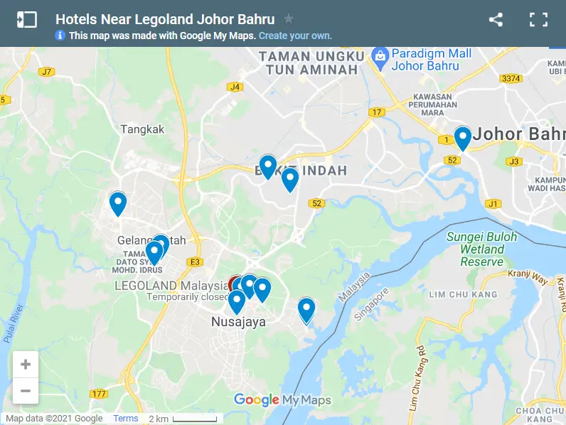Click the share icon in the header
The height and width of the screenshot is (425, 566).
496,20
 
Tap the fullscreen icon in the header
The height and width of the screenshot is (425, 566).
538,20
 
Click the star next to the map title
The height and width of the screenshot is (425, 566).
289,19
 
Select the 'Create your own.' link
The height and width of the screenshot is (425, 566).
295,36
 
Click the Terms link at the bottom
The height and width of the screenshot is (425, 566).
126,419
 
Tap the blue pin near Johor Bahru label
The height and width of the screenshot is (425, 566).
463,136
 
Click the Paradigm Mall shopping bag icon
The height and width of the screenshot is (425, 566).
380,55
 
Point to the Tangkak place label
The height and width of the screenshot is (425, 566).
142,129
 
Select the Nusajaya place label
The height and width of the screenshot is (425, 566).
238,322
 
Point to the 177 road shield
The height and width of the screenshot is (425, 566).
99,394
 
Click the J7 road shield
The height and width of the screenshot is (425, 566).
47,72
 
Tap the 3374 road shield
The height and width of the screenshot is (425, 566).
511,78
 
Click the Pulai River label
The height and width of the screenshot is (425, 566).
14,323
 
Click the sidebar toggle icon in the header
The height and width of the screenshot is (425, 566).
26,20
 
